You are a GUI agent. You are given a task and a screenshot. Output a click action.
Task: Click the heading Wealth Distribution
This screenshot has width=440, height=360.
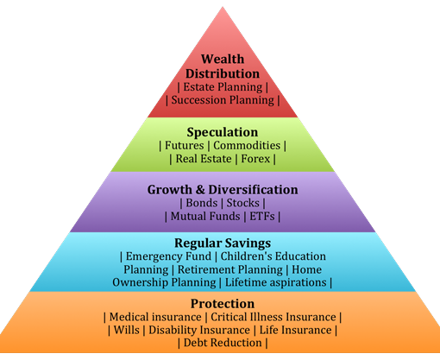tap(223, 66)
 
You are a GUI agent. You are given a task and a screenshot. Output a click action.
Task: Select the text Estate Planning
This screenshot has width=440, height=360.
tap(223, 87)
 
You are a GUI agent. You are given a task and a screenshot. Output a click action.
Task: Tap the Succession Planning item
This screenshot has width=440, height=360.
tap(223, 100)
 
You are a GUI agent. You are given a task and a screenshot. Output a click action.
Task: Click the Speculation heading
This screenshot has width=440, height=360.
tap(223, 132)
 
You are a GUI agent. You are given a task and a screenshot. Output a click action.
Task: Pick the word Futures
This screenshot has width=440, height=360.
tap(184, 145)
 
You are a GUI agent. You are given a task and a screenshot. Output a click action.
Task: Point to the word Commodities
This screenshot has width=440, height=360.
tap(247, 145)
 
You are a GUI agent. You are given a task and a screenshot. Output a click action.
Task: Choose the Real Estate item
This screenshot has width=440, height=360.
tap(204, 159)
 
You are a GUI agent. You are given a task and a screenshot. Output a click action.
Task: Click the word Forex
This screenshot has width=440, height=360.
tap(255, 159)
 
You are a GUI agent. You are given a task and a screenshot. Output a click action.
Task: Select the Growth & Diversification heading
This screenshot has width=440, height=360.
tap(223, 190)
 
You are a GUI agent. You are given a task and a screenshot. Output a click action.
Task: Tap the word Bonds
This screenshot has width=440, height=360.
tap(202, 203)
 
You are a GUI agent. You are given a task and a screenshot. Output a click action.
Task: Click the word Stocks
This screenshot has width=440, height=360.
tap(243, 203)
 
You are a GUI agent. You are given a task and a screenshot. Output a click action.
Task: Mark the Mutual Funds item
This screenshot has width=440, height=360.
tap(205, 216)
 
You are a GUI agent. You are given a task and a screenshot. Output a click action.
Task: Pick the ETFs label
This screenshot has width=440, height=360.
tap(262, 216)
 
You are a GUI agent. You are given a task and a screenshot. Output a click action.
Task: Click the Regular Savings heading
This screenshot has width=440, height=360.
tap(223, 243)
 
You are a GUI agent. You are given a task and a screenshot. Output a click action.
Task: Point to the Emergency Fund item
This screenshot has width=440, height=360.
tap(168, 256)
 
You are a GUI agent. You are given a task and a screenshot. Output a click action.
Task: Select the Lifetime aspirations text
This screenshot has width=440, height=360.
tap(276, 282)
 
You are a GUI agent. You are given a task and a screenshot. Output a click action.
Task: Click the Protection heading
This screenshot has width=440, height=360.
tap(223, 304)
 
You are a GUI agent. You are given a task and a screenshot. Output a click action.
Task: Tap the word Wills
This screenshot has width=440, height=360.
tap(127, 330)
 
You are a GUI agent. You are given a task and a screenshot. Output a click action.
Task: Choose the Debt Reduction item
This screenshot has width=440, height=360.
tap(223, 343)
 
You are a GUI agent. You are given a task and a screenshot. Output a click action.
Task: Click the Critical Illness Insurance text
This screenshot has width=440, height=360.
tap(273, 317)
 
